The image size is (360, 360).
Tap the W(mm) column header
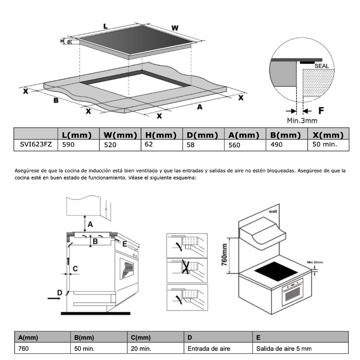(x=120, y=135)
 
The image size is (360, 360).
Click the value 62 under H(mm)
(x=149, y=144)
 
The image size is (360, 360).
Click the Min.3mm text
(x=302, y=120)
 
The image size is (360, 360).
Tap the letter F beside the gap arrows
(x=321, y=110)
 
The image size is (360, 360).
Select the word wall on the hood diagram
(x=274, y=210)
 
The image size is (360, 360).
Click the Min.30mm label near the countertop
(x=316, y=261)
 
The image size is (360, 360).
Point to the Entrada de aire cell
(x=206, y=348)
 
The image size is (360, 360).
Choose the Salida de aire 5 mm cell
(x=283, y=348)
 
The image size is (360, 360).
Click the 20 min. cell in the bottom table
(x=142, y=348)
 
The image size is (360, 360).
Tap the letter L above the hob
(x=105, y=27)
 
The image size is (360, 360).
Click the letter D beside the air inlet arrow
(x=59, y=292)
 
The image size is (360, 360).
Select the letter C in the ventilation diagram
(x=75, y=269)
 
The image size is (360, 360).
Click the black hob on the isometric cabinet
(x=274, y=272)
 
